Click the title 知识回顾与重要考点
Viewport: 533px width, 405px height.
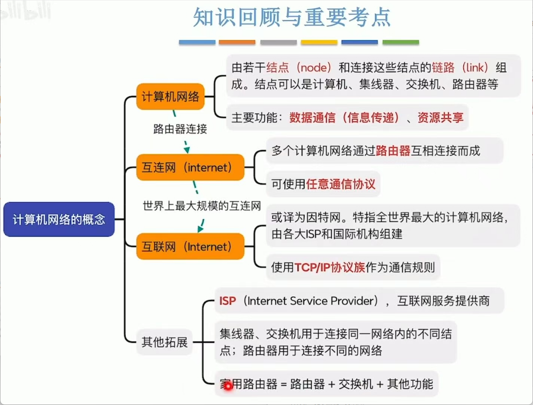[292, 18]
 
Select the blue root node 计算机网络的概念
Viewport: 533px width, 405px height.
[59, 219]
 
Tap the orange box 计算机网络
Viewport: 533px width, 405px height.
[170, 97]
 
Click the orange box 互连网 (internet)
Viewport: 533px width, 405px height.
[190, 167]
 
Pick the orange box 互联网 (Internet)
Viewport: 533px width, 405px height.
[190, 246]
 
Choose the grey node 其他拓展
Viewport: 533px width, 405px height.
[164, 342]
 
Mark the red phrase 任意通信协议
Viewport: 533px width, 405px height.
[341, 183]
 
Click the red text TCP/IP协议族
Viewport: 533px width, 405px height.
[330, 267]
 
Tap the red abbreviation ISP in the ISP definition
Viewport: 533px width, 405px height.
[227, 301]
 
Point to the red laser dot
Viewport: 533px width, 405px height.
[228, 386]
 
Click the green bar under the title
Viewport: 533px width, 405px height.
[400, 42]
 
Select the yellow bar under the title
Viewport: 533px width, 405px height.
[319, 42]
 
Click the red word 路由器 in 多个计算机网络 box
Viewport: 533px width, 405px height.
[393, 151]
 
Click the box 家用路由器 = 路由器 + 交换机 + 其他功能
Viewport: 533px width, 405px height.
[326, 384]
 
